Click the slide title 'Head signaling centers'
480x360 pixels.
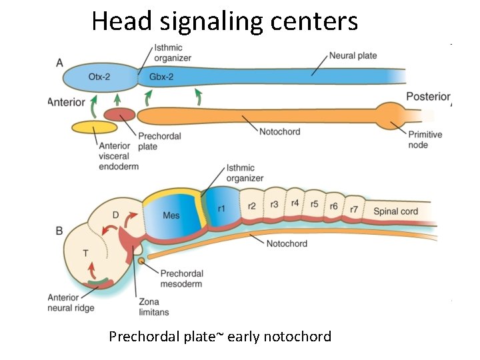tap(225, 21)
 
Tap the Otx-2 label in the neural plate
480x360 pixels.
tap(99, 77)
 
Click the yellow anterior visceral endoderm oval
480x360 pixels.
tap(95, 127)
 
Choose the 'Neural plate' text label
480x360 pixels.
tap(353, 55)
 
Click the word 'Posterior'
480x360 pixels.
tap(428, 97)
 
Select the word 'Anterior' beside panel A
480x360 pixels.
tap(67, 102)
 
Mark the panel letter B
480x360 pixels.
tap(59, 231)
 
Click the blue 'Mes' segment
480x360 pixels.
tap(171, 215)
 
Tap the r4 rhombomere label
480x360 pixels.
tap(295, 203)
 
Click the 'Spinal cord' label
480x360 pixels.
tap(396, 211)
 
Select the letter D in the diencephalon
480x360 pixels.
tap(115, 215)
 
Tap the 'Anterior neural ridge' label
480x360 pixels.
tap(71, 303)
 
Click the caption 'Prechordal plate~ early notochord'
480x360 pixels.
tap(220, 337)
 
